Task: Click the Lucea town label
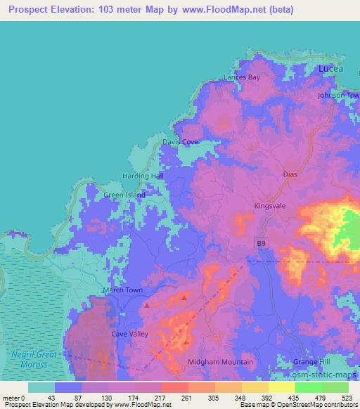pos(330,69)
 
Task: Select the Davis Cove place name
pos(181,141)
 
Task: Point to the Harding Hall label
pos(144,175)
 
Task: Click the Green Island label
pos(124,195)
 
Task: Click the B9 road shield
pos(262,242)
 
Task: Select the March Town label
pos(122,290)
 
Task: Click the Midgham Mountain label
pos(221,362)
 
